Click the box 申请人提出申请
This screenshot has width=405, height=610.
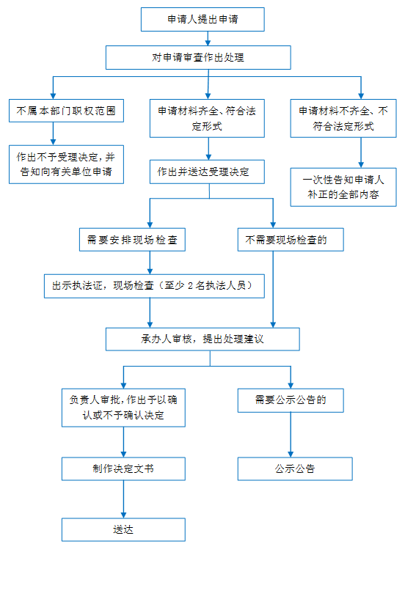202,19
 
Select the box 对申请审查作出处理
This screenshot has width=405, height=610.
198,58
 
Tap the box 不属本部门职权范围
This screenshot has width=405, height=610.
66,111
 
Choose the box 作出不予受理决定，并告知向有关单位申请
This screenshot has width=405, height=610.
66,164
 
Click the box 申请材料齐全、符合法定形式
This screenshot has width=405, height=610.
207,118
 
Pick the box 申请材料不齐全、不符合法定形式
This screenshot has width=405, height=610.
343,118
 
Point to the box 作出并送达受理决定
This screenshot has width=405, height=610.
207,172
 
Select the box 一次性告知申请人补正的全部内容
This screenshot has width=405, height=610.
343,187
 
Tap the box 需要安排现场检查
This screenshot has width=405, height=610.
132,240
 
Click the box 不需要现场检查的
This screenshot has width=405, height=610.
291,240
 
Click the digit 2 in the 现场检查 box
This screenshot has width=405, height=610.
190,286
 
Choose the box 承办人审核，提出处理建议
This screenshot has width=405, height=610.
202,339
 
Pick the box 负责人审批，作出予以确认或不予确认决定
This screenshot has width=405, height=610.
123,408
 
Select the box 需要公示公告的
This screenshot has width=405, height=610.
291,400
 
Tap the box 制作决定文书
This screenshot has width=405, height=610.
123,468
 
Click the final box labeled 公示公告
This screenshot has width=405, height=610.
295,468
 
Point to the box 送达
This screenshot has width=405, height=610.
123,530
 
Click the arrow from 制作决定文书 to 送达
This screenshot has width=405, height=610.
123,499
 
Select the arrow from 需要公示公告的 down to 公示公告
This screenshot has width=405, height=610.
291,435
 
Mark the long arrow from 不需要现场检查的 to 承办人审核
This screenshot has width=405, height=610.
273,290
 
